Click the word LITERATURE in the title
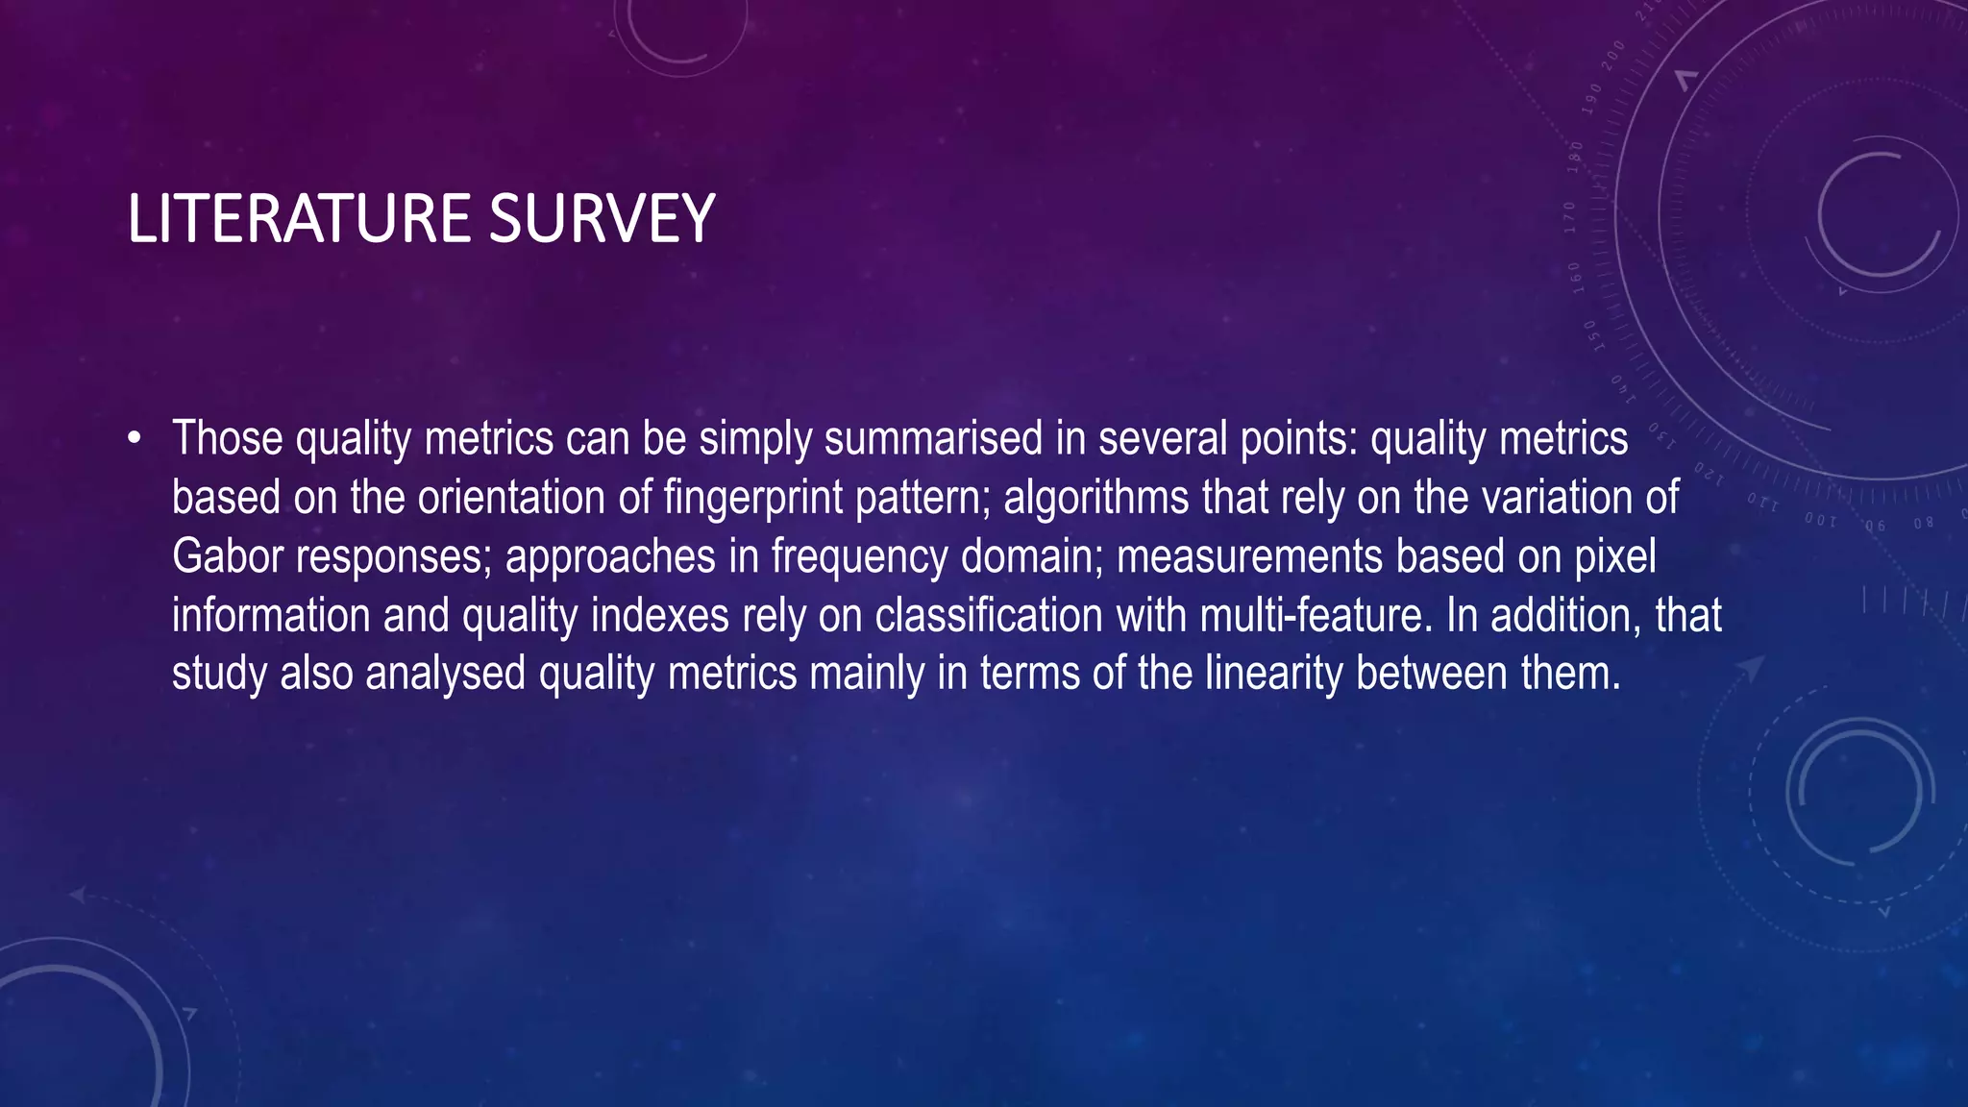click(299, 219)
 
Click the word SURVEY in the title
click(602, 219)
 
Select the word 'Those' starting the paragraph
click(228, 439)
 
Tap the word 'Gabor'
click(227, 556)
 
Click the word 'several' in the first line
click(1162, 439)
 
